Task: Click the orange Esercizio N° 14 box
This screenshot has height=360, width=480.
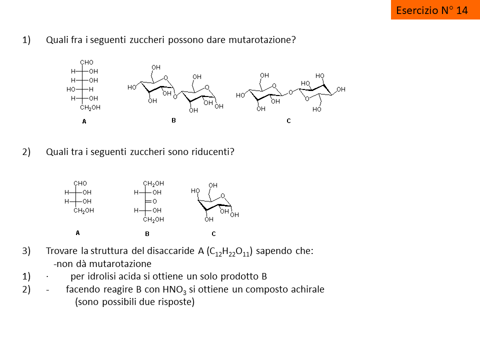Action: point(432,10)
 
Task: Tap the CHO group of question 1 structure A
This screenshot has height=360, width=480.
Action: point(86,62)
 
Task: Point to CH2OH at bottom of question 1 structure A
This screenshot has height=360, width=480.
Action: point(90,107)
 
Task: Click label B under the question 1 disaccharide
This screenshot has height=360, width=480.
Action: point(173,120)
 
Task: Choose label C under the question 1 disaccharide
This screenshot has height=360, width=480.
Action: point(288,120)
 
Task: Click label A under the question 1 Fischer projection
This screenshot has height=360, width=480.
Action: point(84,121)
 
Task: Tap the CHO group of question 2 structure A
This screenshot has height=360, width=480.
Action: point(80,183)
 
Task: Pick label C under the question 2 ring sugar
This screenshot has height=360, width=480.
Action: point(213,233)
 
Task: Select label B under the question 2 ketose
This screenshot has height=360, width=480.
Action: point(147,233)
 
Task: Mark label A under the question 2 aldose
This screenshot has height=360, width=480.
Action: point(77,232)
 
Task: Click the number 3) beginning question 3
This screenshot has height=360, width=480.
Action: point(26,251)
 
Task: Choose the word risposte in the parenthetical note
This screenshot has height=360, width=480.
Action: point(175,302)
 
